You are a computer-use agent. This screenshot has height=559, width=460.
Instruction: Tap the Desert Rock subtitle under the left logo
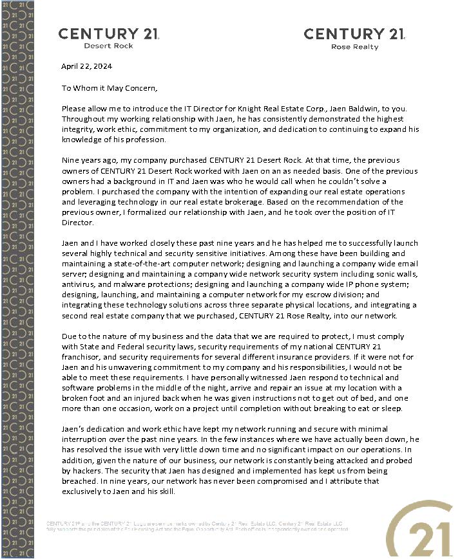click(x=108, y=46)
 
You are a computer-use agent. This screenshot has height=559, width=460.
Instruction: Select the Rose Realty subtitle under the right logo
click(x=354, y=47)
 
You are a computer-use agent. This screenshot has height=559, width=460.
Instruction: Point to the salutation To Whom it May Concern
click(x=109, y=88)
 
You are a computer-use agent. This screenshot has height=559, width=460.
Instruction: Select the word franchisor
click(x=83, y=357)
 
